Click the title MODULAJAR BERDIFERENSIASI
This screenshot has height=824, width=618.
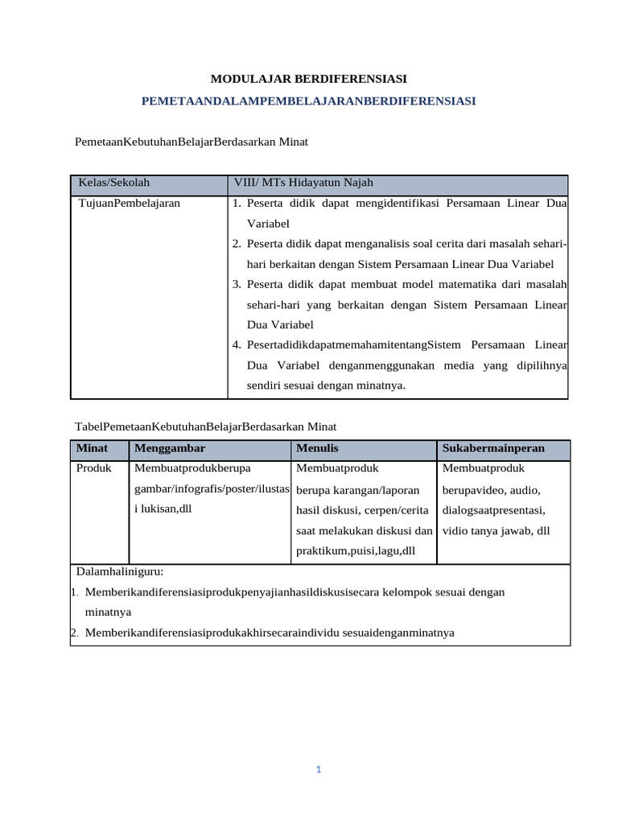tap(308, 79)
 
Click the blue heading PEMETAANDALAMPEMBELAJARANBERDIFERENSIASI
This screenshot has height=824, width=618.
tap(308, 101)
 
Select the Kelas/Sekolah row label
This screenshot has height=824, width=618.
tap(114, 183)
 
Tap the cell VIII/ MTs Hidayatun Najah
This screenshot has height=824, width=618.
tap(303, 183)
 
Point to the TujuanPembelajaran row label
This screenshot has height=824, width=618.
tap(129, 204)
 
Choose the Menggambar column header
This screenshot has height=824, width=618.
tap(171, 447)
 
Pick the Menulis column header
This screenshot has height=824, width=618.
tap(317, 447)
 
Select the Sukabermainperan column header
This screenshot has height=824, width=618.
tap(493, 447)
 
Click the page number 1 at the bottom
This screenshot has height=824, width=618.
tap(319, 769)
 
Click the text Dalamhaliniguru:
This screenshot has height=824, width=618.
tap(120, 571)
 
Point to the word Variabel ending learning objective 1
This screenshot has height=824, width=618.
tap(268, 224)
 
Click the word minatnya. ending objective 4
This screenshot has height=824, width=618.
tap(381, 385)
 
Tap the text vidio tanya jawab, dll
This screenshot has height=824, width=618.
tap(496, 530)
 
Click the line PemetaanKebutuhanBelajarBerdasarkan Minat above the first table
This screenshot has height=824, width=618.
tap(192, 142)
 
